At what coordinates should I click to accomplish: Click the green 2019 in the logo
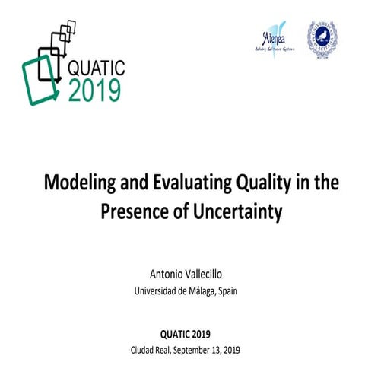94,89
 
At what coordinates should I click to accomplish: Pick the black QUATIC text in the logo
98,66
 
